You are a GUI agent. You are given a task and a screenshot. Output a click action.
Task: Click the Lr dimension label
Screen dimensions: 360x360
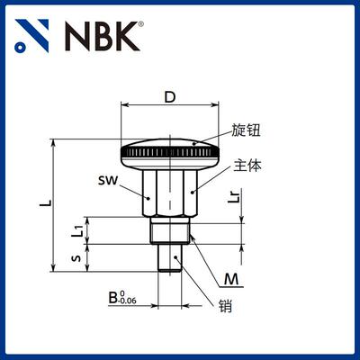point(234,195)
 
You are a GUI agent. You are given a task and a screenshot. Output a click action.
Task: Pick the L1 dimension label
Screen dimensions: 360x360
point(80,231)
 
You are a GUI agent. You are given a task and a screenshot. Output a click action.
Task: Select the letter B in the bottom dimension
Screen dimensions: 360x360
point(112,296)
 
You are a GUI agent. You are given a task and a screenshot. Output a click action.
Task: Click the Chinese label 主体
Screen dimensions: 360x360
point(246,165)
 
